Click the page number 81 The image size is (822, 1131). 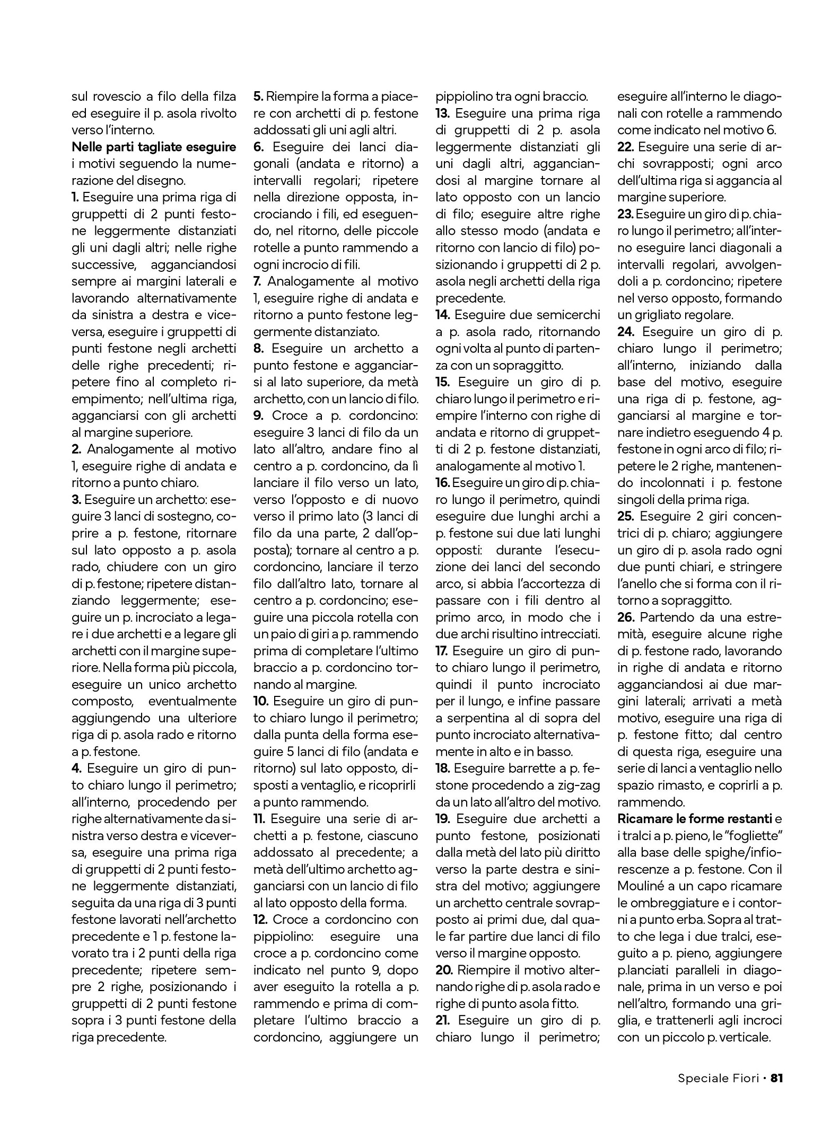pyautogui.click(x=776, y=1077)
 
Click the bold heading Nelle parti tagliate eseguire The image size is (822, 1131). pyautogui.click(x=154, y=147)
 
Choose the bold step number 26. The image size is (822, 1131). pyautogui.click(x=627, y=617)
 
